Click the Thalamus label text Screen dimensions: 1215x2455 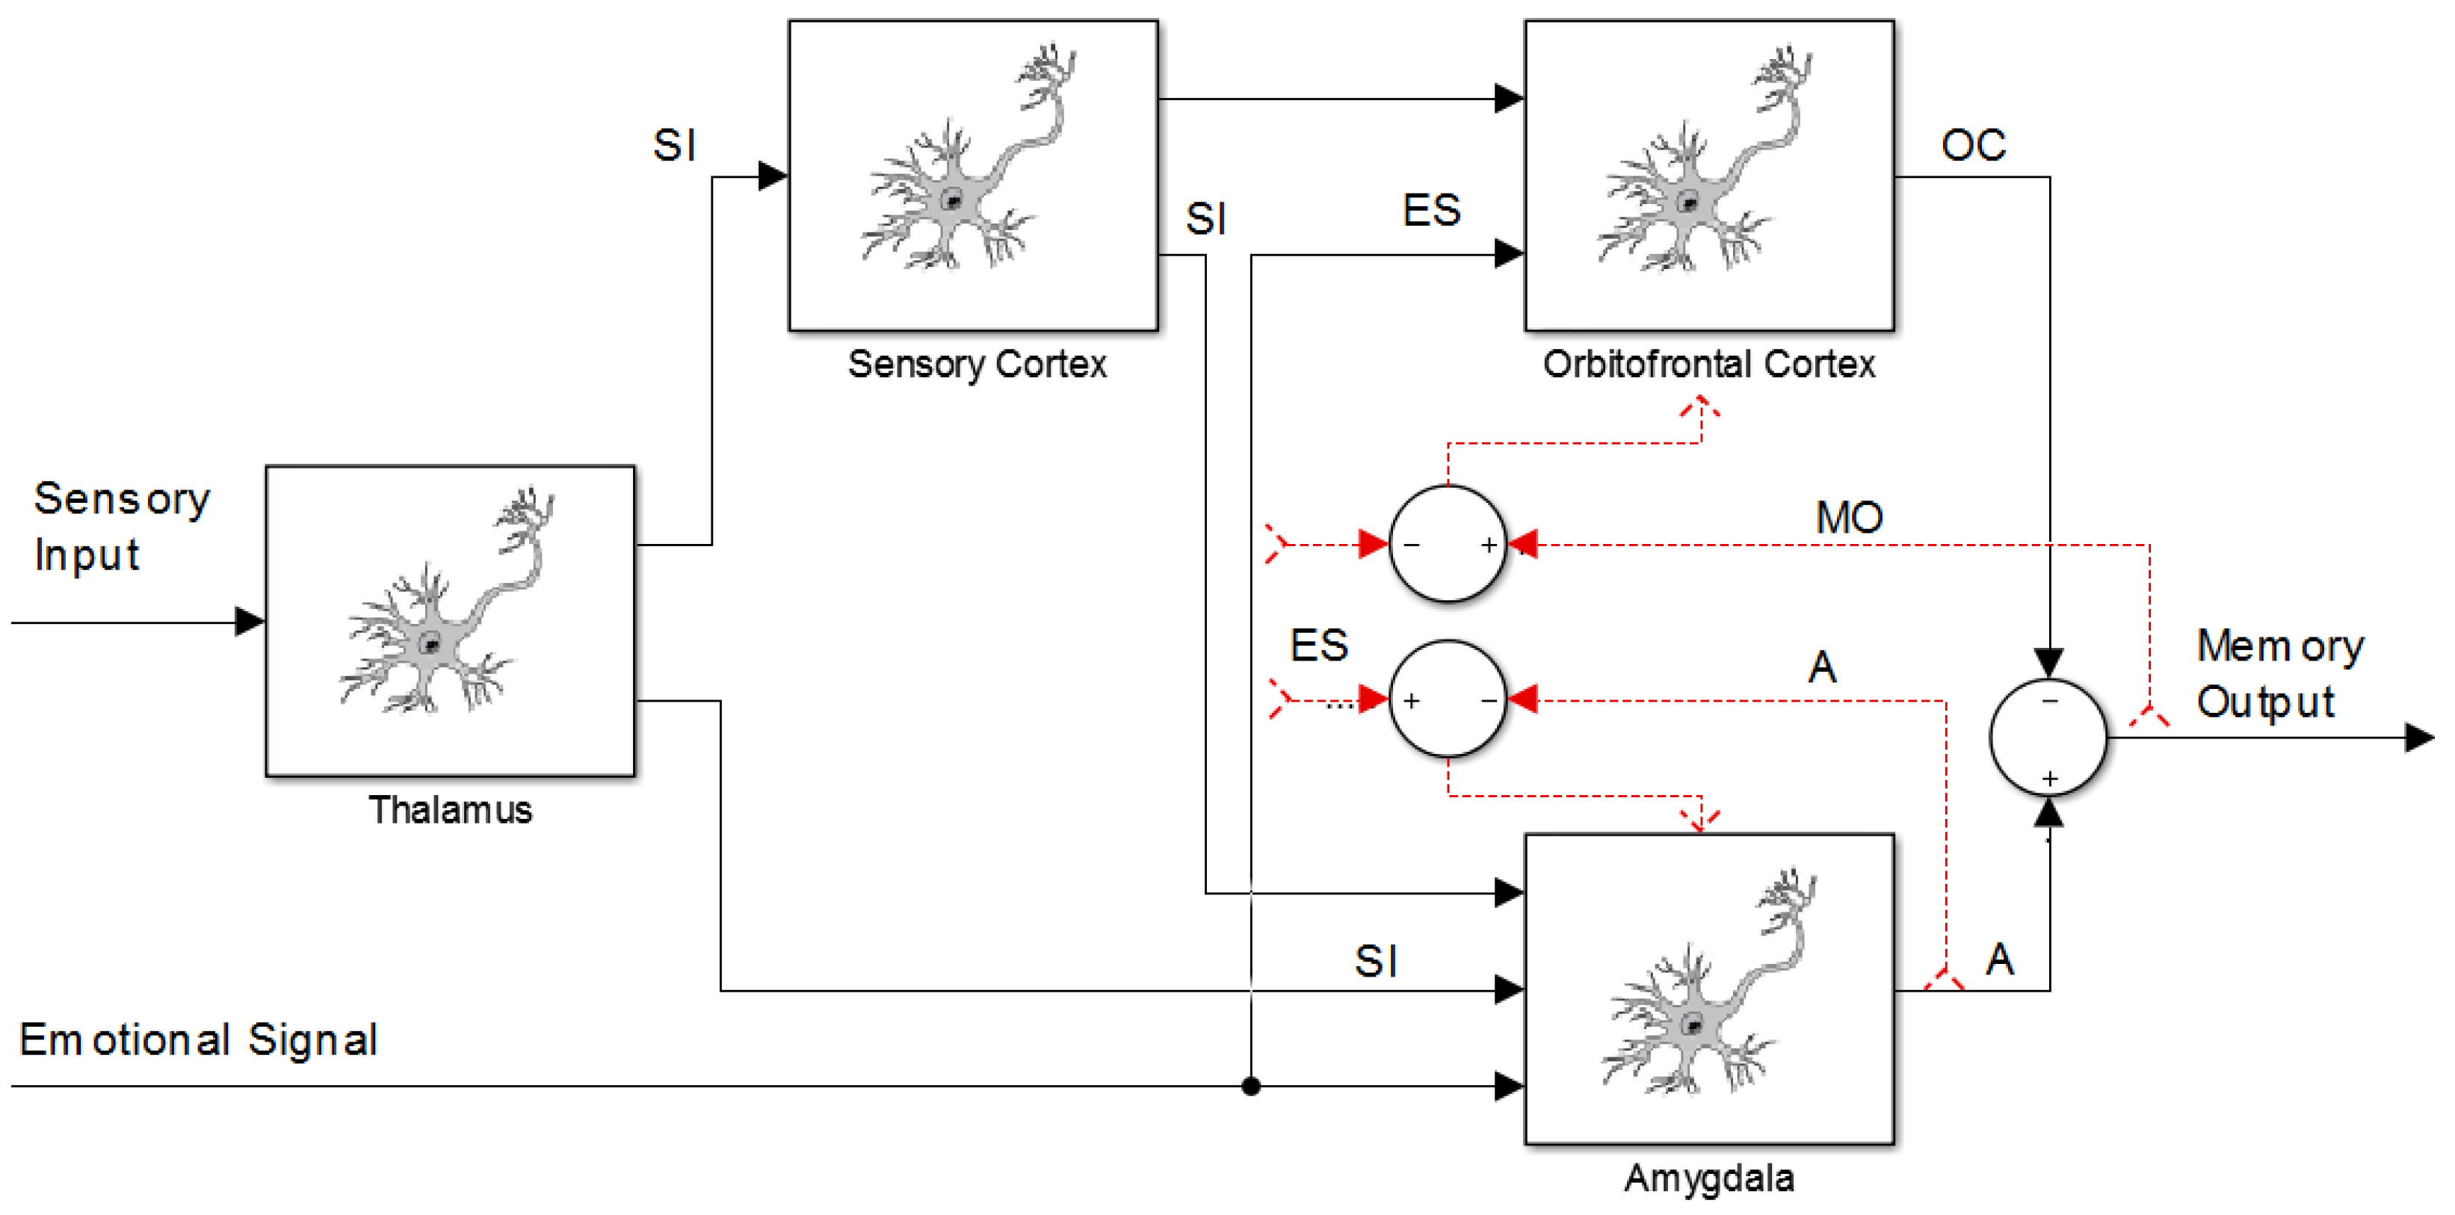click(x=450, y=810)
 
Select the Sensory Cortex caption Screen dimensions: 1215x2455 click(x=977, y=364)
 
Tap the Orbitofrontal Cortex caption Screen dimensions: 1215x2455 click(x=1708, y=364)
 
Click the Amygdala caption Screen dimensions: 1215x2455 click(x=1708, y=1179)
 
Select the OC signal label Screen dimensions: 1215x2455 click(x=1973, y=146)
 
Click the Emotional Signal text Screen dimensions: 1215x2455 click(x=198, y=1039)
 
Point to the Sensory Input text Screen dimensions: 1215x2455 click(x=120, y=526)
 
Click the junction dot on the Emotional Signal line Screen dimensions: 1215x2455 click(x=1250, y=1086)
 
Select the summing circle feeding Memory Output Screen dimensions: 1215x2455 click(x=2048, y=738)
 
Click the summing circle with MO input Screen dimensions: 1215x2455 click(x=1447, y=544)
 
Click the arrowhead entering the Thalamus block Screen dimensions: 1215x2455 click(x=249, y=622)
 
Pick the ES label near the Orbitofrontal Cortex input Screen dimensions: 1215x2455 click(x=1430, y=211)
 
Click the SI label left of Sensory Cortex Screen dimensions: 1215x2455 click(x=674, y=146)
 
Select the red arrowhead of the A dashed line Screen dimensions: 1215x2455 click(x=1522, y=700)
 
